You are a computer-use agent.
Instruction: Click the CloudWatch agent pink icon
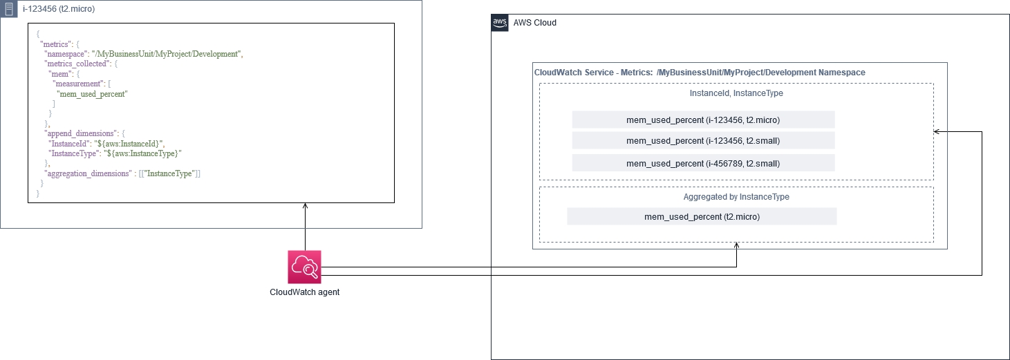[x=304, y=267]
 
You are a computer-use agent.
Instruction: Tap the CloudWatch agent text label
[x=304, y=292]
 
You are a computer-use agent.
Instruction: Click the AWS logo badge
[x=500, y=22]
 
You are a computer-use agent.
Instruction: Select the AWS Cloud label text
[x=534, y=23]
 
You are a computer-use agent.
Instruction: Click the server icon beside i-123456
[x=9, y=9]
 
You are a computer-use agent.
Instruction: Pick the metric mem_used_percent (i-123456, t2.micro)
[x=703, y=120]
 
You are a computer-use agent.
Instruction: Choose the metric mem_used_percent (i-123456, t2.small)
[x=703, y=141]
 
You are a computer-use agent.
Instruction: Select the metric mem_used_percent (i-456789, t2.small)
[x=703, y=163]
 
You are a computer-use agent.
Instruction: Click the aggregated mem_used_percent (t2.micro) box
[x=702, y=216]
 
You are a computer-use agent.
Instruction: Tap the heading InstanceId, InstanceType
[x=736, y=93]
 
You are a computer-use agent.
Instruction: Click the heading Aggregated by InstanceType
[x=736, y=197]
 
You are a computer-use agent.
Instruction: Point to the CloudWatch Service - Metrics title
[x=699, y=73]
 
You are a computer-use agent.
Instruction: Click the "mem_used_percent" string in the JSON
[x=92, y=93]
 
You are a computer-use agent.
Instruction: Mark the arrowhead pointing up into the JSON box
[x=304, y=207]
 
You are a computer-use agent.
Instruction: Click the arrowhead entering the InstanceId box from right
[x=937, y=131]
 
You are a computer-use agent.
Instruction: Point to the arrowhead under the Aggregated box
[x=736, y=245]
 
